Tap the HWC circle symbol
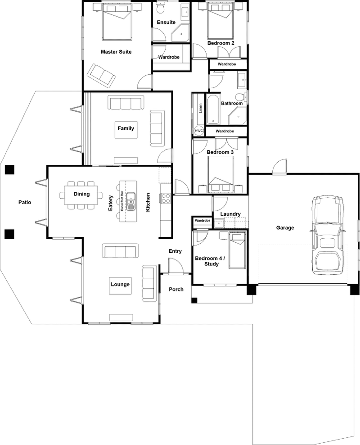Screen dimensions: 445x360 click(199, 131)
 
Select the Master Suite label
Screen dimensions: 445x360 click(116, 52)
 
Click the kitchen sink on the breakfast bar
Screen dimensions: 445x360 click(131, 201)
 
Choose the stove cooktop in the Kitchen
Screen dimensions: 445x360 click(165, 199)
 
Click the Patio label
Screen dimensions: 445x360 click(24, 203)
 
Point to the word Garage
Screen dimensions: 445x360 click(285, 228)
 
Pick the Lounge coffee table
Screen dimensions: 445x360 click(120, 285)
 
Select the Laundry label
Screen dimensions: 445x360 click(230, 214)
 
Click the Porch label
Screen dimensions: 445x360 click(176, 289)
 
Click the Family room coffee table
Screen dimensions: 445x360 click(126, 128)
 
